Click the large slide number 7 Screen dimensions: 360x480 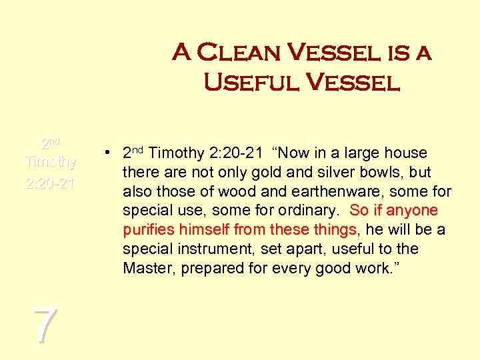45,326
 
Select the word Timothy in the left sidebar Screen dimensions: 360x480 50,162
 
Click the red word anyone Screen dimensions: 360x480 412,211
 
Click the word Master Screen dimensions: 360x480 146,269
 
